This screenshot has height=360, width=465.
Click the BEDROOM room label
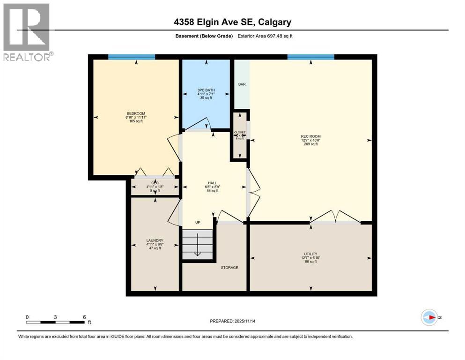[x=136, y=113]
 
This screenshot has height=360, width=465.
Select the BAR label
[x=242, y=84]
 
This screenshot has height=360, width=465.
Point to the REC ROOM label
[x=310, y=136]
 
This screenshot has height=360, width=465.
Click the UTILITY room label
[x=310, y=254]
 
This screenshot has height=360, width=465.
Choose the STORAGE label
[x=229, y=268]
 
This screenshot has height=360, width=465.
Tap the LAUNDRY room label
[x=155, y=240]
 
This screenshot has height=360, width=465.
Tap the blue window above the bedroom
[x=132, y=57]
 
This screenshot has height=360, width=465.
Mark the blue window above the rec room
[x=310, y=57]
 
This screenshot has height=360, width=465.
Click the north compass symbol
[x=429, y=317]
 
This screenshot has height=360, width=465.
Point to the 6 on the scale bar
[x=84, y=317]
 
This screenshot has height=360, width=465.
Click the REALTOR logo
[x=27, y=32]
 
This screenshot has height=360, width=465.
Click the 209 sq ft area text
[x=310, y=144]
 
